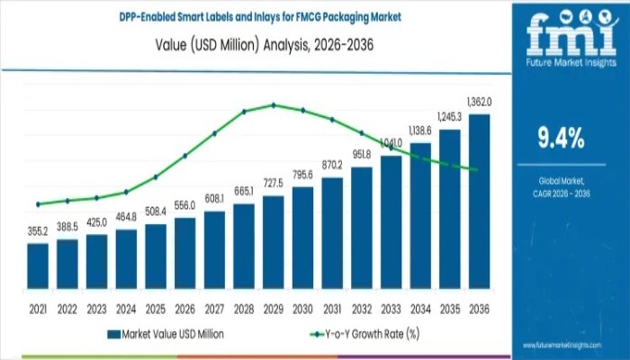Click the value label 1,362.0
coord(479,102)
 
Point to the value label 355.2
coord(38,231)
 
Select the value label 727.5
coord(274,184)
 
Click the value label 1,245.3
coord(450,117)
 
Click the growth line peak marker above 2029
coord(274,104)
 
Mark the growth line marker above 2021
coord(38,204)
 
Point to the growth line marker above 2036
coord(474,170)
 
